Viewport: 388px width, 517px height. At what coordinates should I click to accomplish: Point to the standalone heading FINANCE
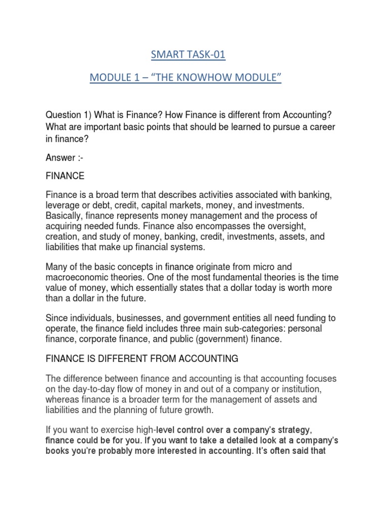click(x=66, y=177)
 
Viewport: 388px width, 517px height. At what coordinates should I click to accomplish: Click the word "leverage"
click(x=64, y=206)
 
